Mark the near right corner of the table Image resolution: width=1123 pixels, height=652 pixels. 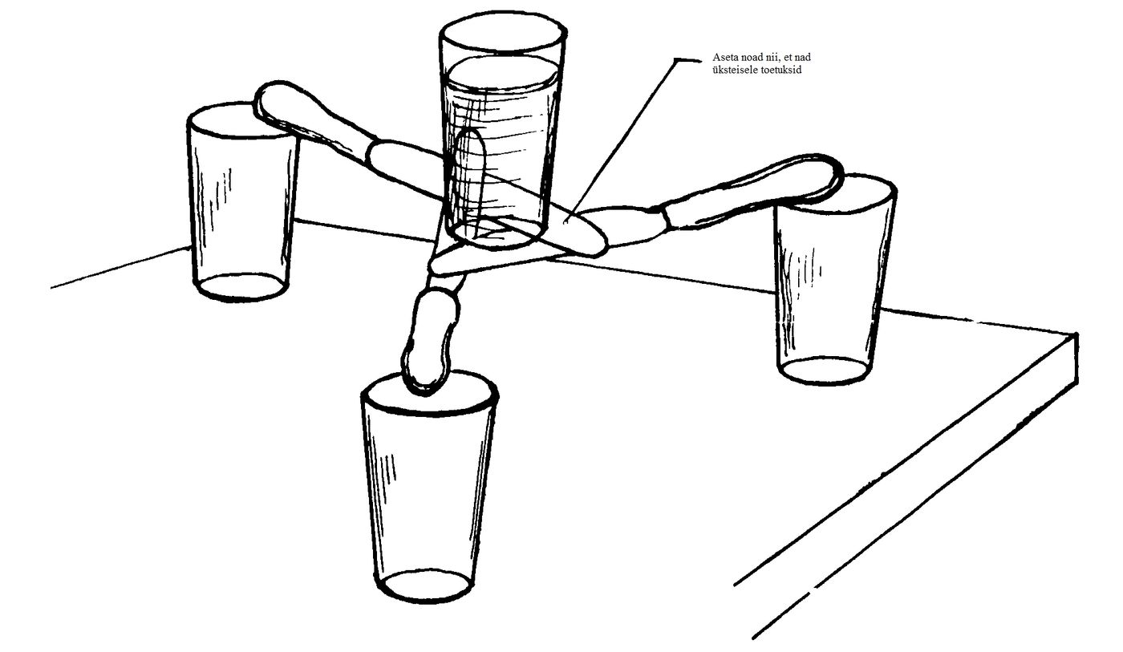[x=1076, y=334]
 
